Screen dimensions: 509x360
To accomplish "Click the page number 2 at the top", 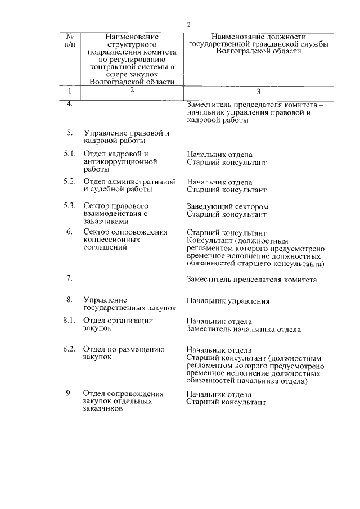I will coord(189,24).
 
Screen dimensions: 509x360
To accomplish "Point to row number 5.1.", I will coord(70,154).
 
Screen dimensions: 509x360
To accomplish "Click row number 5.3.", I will coord(70,206).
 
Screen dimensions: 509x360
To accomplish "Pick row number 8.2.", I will coord(69,349).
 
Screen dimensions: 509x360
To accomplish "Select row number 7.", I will coord(69,278).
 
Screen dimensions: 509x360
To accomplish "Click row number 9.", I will coord(69,393).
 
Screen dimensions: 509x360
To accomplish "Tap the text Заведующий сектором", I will coord(227,206).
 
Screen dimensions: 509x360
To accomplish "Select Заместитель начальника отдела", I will coord(244,329).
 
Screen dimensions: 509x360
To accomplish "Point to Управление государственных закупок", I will coord(129,304).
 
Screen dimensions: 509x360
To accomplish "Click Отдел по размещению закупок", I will coord(123,353).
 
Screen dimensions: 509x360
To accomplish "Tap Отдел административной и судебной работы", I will coord(129,186).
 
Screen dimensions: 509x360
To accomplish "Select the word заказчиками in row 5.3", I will coord(106,222).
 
